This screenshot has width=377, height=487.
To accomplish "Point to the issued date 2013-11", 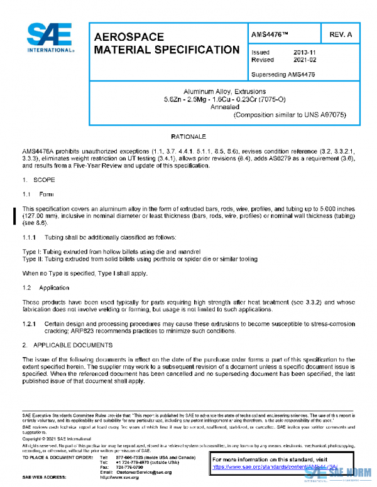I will (305, 52).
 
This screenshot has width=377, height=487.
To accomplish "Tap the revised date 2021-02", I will (305, 60).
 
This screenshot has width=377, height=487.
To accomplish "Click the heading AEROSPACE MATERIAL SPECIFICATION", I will (166, 43).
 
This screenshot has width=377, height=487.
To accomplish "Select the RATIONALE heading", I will (188, 136).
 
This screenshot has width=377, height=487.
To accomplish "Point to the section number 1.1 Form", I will (26, 194).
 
